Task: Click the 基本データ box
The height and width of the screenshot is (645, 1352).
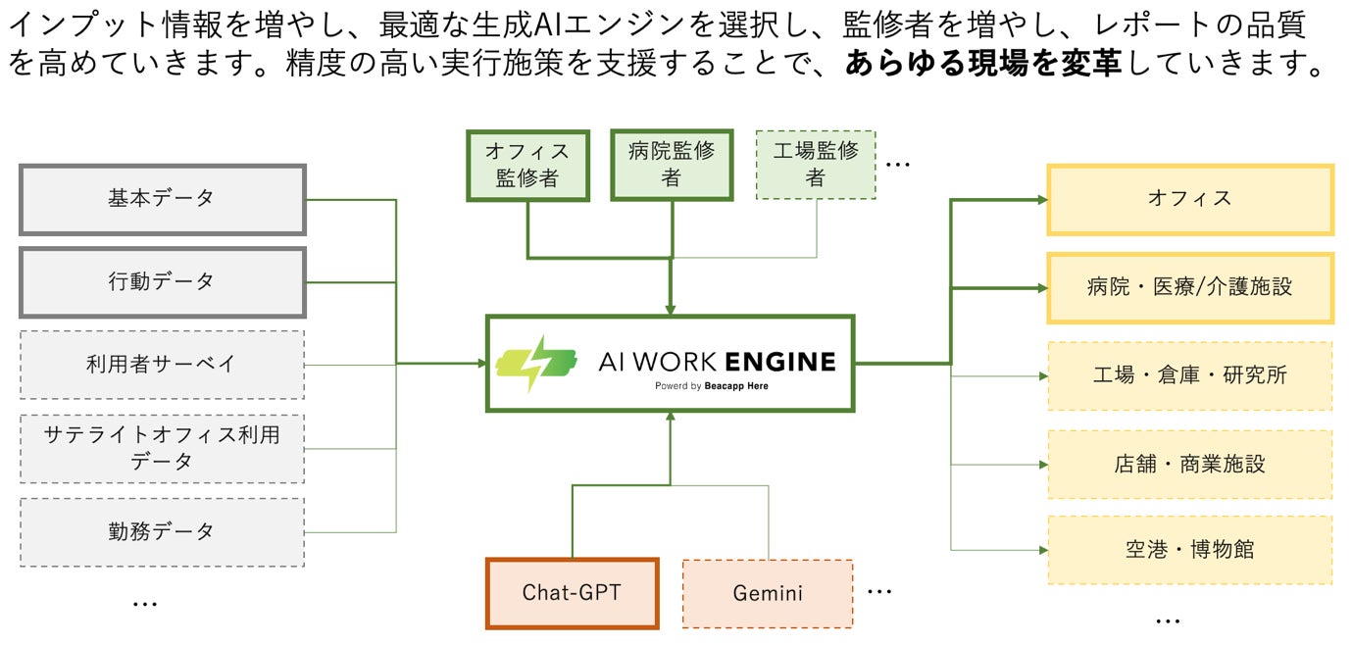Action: (x=162, y=199)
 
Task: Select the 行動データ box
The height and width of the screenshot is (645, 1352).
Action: (x=162, y=282)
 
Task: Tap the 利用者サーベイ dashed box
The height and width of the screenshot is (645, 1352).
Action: (x=162, y=365)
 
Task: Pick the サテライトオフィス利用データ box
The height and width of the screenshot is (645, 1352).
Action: (x=162, y=448)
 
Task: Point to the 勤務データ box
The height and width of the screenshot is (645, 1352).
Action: (x=162, y=532)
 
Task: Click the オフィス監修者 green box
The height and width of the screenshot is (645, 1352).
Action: (x=527, y=166)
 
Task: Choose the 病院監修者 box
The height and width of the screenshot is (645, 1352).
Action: (x=672, y=165)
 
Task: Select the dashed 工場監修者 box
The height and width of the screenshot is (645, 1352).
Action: (x=816, y=165)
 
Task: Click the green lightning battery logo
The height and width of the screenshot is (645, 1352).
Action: (x=536, y=363)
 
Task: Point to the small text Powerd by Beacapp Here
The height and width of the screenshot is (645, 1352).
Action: (x=712, y=386)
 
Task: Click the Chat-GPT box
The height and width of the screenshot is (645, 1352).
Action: (x=572, y=593)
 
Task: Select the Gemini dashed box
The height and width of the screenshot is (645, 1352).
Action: (x=768, y=593)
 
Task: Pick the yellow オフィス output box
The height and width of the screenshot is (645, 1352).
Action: (x=1190, y=199)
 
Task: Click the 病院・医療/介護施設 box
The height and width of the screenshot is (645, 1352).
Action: (x=1190, y=287)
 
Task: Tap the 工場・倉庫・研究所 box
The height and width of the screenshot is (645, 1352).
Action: (x=1190, y=375)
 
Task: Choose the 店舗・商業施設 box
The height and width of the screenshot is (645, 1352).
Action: (x=1190, y=464)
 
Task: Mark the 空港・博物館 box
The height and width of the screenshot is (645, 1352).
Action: (x=1190, y=550)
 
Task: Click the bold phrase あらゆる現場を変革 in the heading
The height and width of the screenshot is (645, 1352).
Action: (x=986, y=65)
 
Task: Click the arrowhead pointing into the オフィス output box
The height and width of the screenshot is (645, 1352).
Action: (x=1041, y=200)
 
